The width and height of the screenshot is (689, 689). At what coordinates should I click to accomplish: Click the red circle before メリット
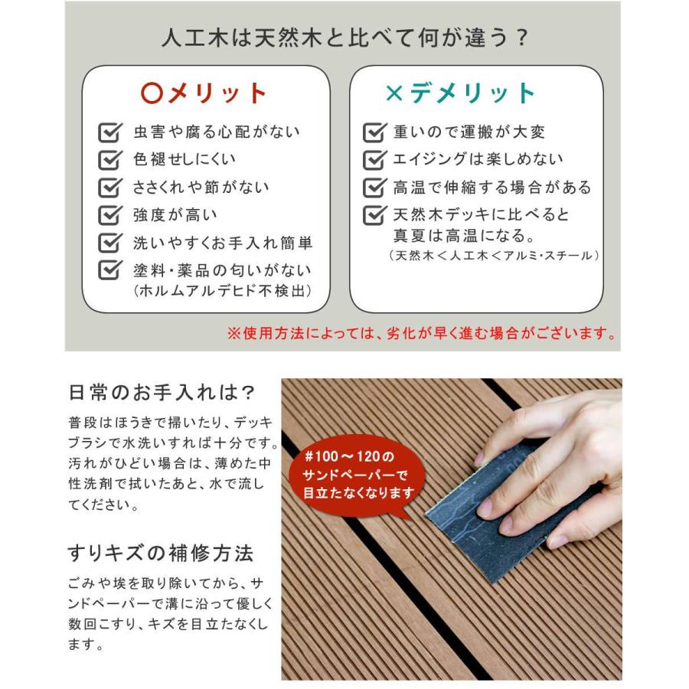pos(152,93)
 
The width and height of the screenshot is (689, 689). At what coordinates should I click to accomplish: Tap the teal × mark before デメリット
pos(393,93)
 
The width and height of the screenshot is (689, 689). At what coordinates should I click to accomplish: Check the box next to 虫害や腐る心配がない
pos(111,133)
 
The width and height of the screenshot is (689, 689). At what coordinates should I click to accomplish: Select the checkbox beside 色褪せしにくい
pos(111,161)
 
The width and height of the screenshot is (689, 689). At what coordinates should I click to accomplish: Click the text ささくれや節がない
pos(201,188)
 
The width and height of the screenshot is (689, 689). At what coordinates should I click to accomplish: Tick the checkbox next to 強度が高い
pos(111,216)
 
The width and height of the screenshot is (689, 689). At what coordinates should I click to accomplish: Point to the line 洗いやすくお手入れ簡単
pos(222,243)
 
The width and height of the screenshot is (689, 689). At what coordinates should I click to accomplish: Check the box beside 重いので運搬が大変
pos(374,133)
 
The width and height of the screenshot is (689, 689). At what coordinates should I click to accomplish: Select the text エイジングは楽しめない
pos(478,160)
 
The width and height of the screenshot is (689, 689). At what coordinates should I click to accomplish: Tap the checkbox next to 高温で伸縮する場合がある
pos(374,188)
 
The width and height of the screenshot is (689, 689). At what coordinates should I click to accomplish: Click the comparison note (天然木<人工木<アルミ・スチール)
pos(494,255)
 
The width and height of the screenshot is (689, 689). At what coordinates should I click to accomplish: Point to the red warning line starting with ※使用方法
pos(422,334)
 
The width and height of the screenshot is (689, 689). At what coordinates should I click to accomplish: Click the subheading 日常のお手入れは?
pos(161,392)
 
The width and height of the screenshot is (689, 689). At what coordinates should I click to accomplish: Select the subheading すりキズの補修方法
pos(160,553)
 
